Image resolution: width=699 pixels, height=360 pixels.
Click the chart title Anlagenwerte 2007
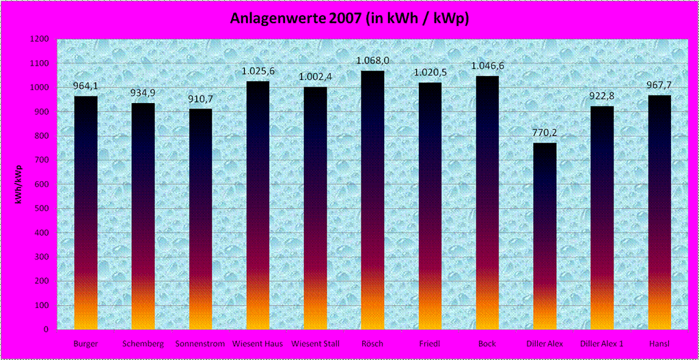click(349, 18)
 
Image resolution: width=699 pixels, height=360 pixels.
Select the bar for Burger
click(86, 212)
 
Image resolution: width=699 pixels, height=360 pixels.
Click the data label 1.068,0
click(373, 61)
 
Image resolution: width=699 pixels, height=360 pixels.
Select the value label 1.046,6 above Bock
click(488, 66)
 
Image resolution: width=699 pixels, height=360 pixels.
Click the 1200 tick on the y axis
click(39, 40)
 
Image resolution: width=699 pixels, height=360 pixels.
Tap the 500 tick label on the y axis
click(41, 209)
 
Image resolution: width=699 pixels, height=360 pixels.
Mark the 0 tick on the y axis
click(45, 330)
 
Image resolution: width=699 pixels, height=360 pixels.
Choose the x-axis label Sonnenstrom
click(200, 344)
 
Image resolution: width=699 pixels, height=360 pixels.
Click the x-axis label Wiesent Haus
click(258, 344)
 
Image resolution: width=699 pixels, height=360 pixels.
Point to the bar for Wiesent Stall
click(316, 208)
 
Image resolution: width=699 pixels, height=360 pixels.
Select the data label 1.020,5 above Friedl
click(430, 72)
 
